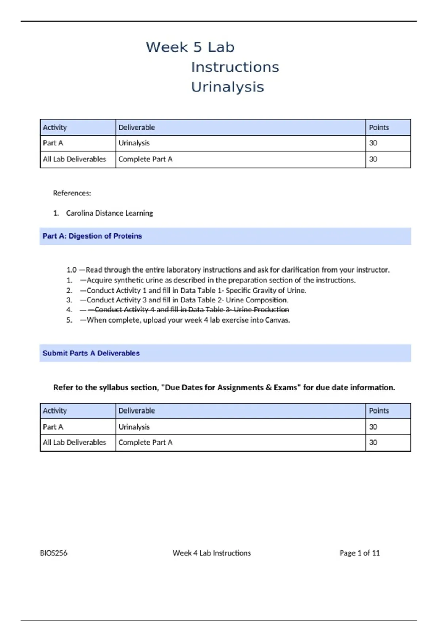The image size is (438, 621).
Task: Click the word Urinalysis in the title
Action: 227,87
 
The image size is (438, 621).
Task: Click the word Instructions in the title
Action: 235,67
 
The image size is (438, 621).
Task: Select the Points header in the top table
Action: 379,127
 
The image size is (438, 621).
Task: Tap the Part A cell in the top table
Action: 53,143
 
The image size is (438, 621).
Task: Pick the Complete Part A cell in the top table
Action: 145,159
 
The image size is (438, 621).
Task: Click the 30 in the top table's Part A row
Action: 373,143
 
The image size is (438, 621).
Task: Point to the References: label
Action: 72,193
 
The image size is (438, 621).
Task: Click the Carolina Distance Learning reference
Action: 109,213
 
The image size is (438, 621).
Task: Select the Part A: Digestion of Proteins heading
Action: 92,236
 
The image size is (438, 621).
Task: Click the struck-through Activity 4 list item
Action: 192,310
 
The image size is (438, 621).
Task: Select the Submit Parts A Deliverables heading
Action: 91,353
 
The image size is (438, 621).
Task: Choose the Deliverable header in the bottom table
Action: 137,411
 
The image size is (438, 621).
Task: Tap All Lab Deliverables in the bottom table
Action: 74,442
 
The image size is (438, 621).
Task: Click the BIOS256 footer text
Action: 53,553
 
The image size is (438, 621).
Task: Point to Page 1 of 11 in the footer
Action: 359,553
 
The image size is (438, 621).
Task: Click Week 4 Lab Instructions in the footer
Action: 211,553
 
